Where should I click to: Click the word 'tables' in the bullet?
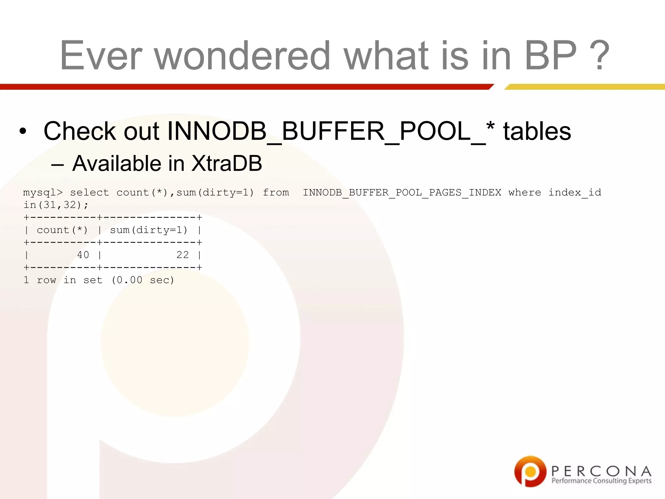[x=537, y=131]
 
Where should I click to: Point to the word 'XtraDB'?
[x=226, y=163]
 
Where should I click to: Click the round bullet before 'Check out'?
[x=22, y=132]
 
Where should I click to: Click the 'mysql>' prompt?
[x=43, y=193]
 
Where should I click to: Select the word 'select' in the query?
[x=89, y=193]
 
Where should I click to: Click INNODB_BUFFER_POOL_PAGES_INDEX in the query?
[x=402, y=193]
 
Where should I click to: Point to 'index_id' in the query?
[x=575, y=193]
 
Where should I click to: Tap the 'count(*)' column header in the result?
[x=62, y=230]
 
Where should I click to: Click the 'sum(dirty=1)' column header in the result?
[x=149, y=230]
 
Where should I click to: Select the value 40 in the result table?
[x=83, y=255]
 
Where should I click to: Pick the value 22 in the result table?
[x=182, y=255]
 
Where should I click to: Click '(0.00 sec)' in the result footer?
[x=143, y=280]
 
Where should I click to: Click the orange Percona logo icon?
[x=530, y=471]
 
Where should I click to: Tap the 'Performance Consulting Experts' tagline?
[x=601, y=481]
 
